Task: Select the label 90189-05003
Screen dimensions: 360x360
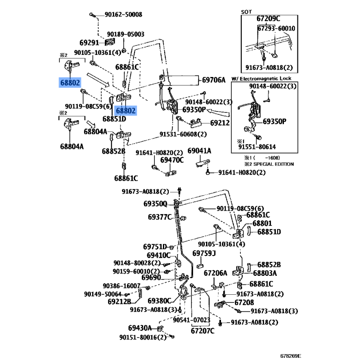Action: click(x=126, y=34)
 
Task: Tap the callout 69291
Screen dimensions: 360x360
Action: click(x=89, y=43)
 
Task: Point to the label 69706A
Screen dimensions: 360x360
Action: click(x=213, y=80)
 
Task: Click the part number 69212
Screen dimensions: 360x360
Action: click(x=220, y=122)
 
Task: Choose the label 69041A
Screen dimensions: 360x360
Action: click(x=199, y=150)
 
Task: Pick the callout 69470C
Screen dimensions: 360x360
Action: click(x=172, y=160)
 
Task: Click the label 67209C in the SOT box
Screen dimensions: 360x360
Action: click(x=268, y=18)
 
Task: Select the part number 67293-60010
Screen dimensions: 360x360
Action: click(x=276, y=28)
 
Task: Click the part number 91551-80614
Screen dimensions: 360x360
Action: click(x=257, y=146)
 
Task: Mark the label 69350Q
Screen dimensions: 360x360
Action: click(x=155, y=203)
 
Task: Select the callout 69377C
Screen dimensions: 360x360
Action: click(x=160, y=217)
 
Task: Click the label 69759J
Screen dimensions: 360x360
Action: click(x=204, y=253)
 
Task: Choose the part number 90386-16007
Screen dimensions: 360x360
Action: click(x=121, y=286)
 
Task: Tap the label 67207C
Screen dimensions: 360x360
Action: click(x=202, y=331)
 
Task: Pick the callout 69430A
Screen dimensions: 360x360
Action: click(x=140, y=328)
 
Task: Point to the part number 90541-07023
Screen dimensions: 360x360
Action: click(x=191, y=320)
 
